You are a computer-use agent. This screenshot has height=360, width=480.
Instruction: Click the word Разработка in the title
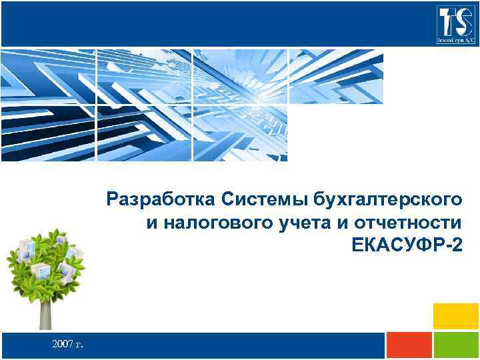[161, 198]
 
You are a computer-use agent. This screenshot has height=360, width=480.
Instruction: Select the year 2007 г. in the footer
[67, 344]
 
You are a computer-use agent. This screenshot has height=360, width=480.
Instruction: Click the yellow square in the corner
[456, 316]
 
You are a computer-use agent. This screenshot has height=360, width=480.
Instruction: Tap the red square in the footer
[409, 346]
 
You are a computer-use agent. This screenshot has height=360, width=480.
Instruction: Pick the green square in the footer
[456, 346]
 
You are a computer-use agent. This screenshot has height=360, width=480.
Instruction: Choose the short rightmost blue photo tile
[337, 77]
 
